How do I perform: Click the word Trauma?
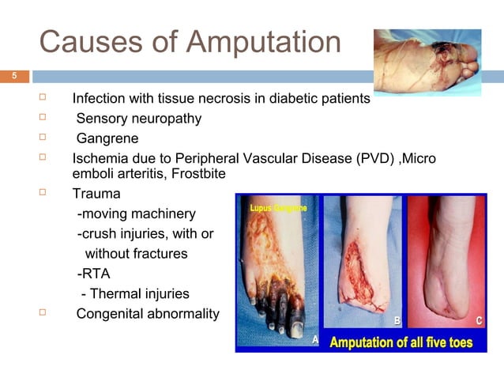[93, 194]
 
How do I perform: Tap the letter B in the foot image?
[398, 322]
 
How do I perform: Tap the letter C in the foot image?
[480, 320]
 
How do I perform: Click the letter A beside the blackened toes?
[315, 339]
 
